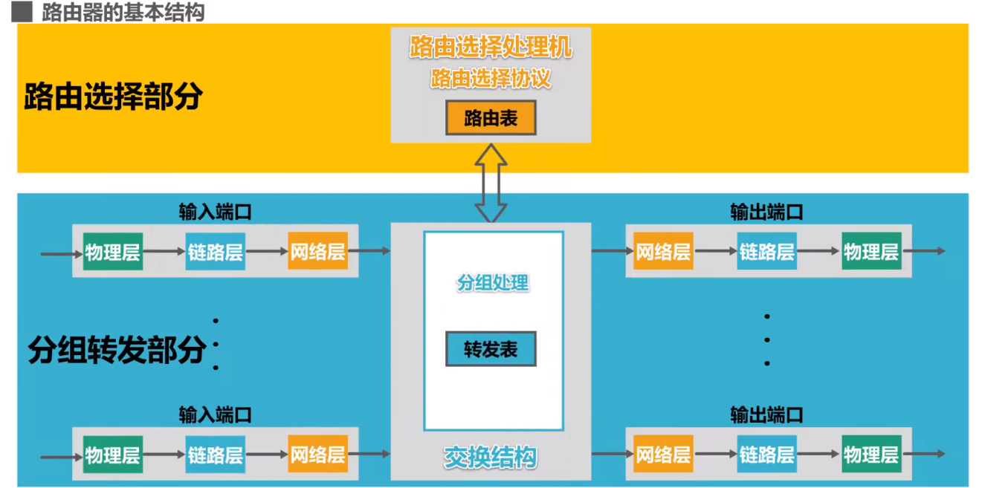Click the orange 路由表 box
(491, 118)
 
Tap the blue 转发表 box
(491, 349)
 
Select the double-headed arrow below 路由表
(491, 183)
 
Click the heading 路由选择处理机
(491, 48)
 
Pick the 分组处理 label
(492, 283)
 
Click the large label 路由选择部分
(113, 97)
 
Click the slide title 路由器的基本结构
(123, 13)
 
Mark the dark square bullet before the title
(23, 13)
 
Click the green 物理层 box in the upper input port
(112, 252)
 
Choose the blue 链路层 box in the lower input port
(215, 455)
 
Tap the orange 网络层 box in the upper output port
(663, 252)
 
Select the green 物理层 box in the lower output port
(871, 455)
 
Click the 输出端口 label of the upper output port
(766, 212)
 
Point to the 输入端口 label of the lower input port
(215, 414)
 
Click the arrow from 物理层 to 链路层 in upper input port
(164, 252)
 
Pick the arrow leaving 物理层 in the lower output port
(923, 455)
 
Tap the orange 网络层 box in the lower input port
(317, 455)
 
